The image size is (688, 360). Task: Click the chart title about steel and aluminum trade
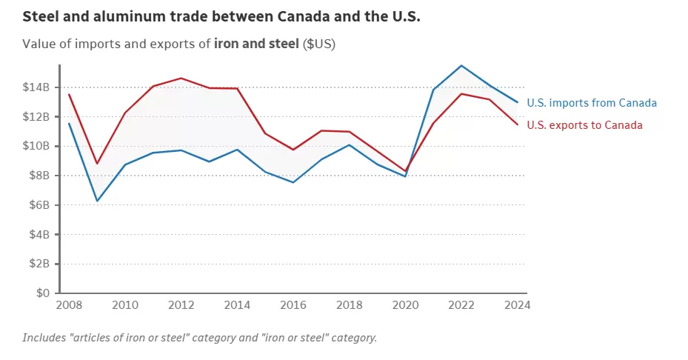pyautogui.click(x=221, y=17)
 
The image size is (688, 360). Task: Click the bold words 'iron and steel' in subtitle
pyautogui.click(x=256, y=44)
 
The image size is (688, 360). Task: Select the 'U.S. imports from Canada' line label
pyautogui.click(x=592, y=103)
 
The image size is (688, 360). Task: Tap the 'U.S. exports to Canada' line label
pyautogui.click(x=584, y=125)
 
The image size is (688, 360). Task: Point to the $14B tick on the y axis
pyautogui.click(x=36, y=87)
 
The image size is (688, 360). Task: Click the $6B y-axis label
pyautogui.click(x=39, y=204)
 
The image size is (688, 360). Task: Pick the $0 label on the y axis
pyautogui.click(x=43, y=293)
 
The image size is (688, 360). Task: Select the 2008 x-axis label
pyautogui.click(x=69, y=304)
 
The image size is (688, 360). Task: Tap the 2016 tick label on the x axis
pyautogui.click(x=293, y=304)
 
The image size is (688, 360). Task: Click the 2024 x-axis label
pyautogui.click(x=518, y=304)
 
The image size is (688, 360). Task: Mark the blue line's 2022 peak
pyautogui.click(x=461, y=66)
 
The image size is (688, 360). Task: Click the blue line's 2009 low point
pyautogui.click(x=98, y=201)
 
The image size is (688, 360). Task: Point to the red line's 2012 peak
pyautogui.click(x=181, y=78)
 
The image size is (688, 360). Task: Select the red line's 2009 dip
pyautogui.click(x=97, y=163)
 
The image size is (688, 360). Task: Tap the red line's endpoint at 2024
pyautogui.click(x=518, y=124)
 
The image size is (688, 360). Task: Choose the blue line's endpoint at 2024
pyautogui.click(x=518, y=102)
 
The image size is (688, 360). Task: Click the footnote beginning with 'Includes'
pyautogui.click(x=200, y=338)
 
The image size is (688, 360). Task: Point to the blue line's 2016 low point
pyautogui.click(x=293, y=182)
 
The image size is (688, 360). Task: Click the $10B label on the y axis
pyautogui.click(x=36, y=146)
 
